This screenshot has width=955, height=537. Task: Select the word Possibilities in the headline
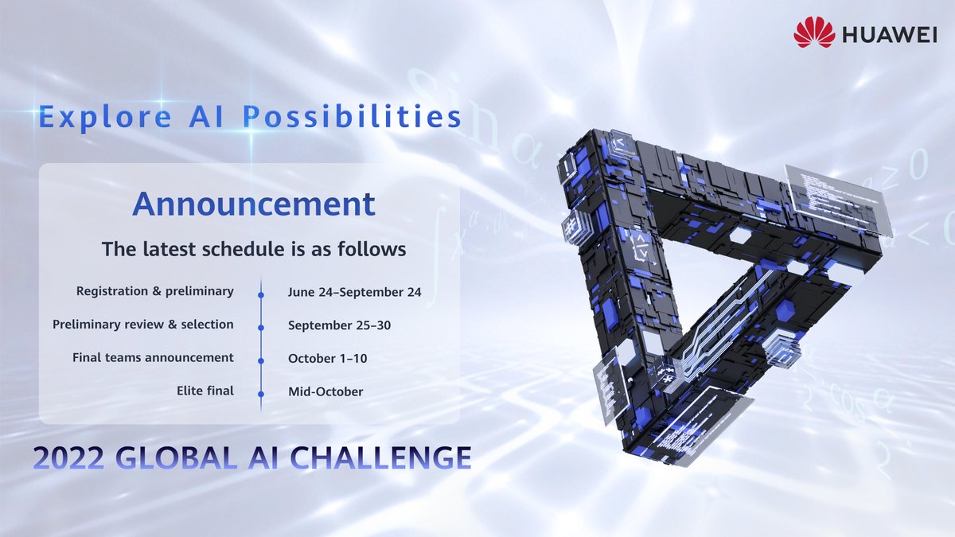(352, 117)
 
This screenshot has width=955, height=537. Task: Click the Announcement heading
(253, 204)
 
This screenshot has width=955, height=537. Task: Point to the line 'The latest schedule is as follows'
(253, 249)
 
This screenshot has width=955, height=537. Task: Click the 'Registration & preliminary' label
(154, 291)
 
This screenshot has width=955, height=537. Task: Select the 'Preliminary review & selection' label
(143, 325)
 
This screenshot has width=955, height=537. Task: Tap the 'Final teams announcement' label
(153, 358)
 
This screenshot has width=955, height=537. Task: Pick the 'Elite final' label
(205, 391)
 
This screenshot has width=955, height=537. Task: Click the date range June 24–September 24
(354, 292)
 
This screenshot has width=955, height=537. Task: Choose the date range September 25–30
(339, 325)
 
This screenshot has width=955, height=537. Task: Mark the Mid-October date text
(325, 391)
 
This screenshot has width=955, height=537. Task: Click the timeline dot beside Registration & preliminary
(261, 294)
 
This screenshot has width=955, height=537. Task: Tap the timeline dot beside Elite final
(261, 392)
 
